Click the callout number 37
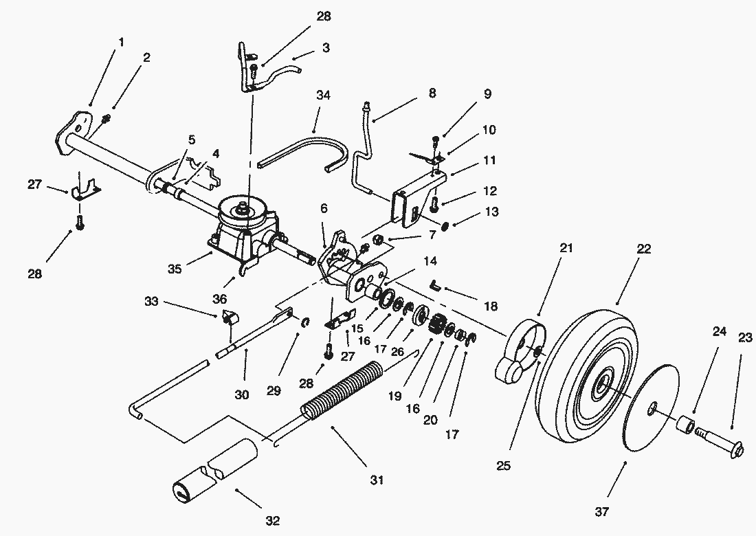(x=601, y=511)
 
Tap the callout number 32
(x=272, y=521)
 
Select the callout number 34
(x=323, y=96)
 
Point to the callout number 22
(x=644, y=249)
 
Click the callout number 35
(x=175, y=269)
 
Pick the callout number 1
(x=121, y=43)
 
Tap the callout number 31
(x=377, y=480)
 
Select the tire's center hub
(x=601, y=383)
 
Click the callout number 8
(x=432, y=93)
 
